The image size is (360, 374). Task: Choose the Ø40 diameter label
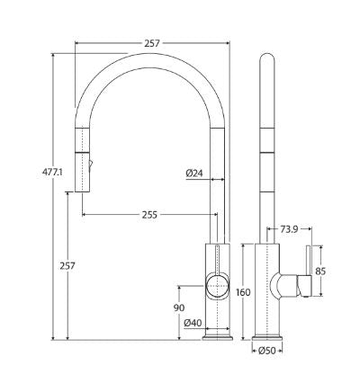(x=192, y=323)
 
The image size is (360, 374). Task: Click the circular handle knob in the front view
(x=218, y=287)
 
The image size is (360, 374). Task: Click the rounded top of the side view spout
(x=268, y=60)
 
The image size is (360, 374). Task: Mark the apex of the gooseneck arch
(x=148, y=56)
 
